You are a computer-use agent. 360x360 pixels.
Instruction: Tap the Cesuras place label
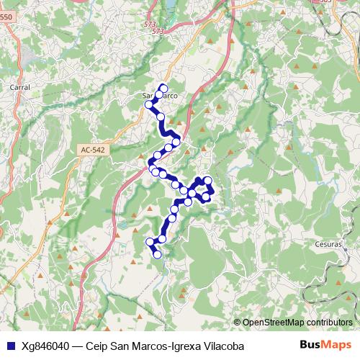click(329, 243)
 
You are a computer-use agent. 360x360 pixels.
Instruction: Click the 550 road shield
click(6, 27)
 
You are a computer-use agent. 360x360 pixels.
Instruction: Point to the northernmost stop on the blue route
click(163, 88)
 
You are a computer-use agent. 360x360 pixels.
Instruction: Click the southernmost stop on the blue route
click(157, 253)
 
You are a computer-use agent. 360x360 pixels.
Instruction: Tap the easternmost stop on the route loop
click(212, 189)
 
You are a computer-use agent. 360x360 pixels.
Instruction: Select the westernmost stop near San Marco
click(150, 104)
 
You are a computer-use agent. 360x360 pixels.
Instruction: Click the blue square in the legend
click(9, 346)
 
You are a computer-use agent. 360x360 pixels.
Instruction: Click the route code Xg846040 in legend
click(47, 346)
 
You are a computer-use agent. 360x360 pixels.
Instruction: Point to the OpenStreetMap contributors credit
click(297, 323)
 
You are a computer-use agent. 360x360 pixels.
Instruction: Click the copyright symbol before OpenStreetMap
click(237, 323)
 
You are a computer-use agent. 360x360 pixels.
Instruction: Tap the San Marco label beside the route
click(160, 95)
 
